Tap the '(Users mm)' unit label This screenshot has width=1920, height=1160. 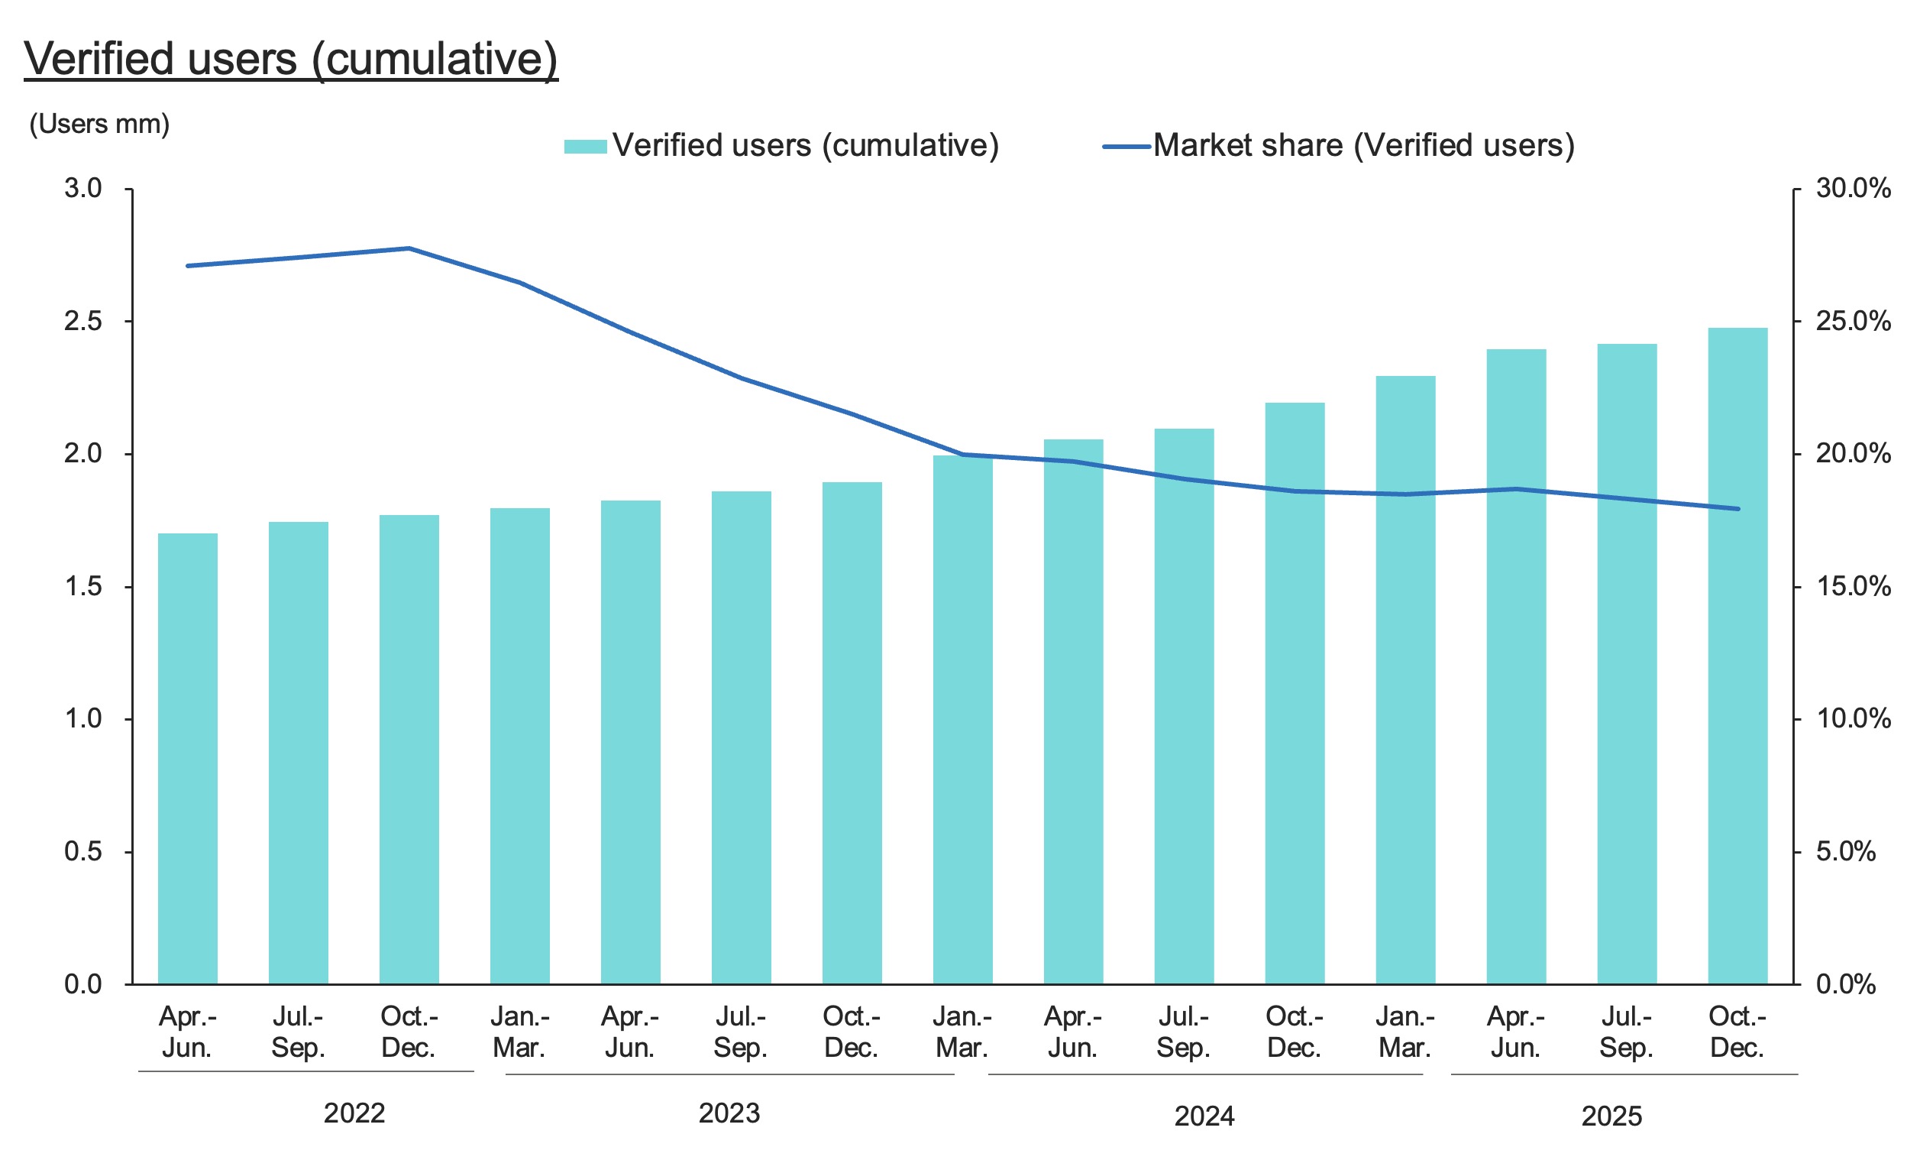pyautogui.click(x=99, y=124)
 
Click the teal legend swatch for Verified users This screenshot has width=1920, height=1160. pyautogui.click(x=584, y=147)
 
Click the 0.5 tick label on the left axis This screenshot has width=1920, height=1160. pyautogui.click(x=83, y=851)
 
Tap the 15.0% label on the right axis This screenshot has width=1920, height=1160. pyautogui.click(x=1853, y=586)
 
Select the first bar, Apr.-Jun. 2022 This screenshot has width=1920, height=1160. pyautogui.click(x=188, y=757)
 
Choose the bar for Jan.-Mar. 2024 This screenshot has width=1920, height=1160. pyautogui.click(x=962, y=718)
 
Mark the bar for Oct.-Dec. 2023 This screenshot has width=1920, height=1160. pyautogui.click(x=852, y=733)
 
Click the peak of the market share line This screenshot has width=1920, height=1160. pyautogui.click(x=409, y=248)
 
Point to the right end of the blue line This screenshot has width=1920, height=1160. pyautogui.click(x=1737, y=509)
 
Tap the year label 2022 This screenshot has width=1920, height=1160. pyautogui.click(x=354, y=1113)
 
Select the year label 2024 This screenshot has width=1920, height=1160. pyautogui.click(x=1204, y=1116)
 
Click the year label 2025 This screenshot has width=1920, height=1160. pyautogui.click(x=1611, y=1116)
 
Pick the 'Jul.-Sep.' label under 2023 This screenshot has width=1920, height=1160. pyautogui.click(x=740, y=1032)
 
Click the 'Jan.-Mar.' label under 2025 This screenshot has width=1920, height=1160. pyautogui.click(x=1404, y=1032)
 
